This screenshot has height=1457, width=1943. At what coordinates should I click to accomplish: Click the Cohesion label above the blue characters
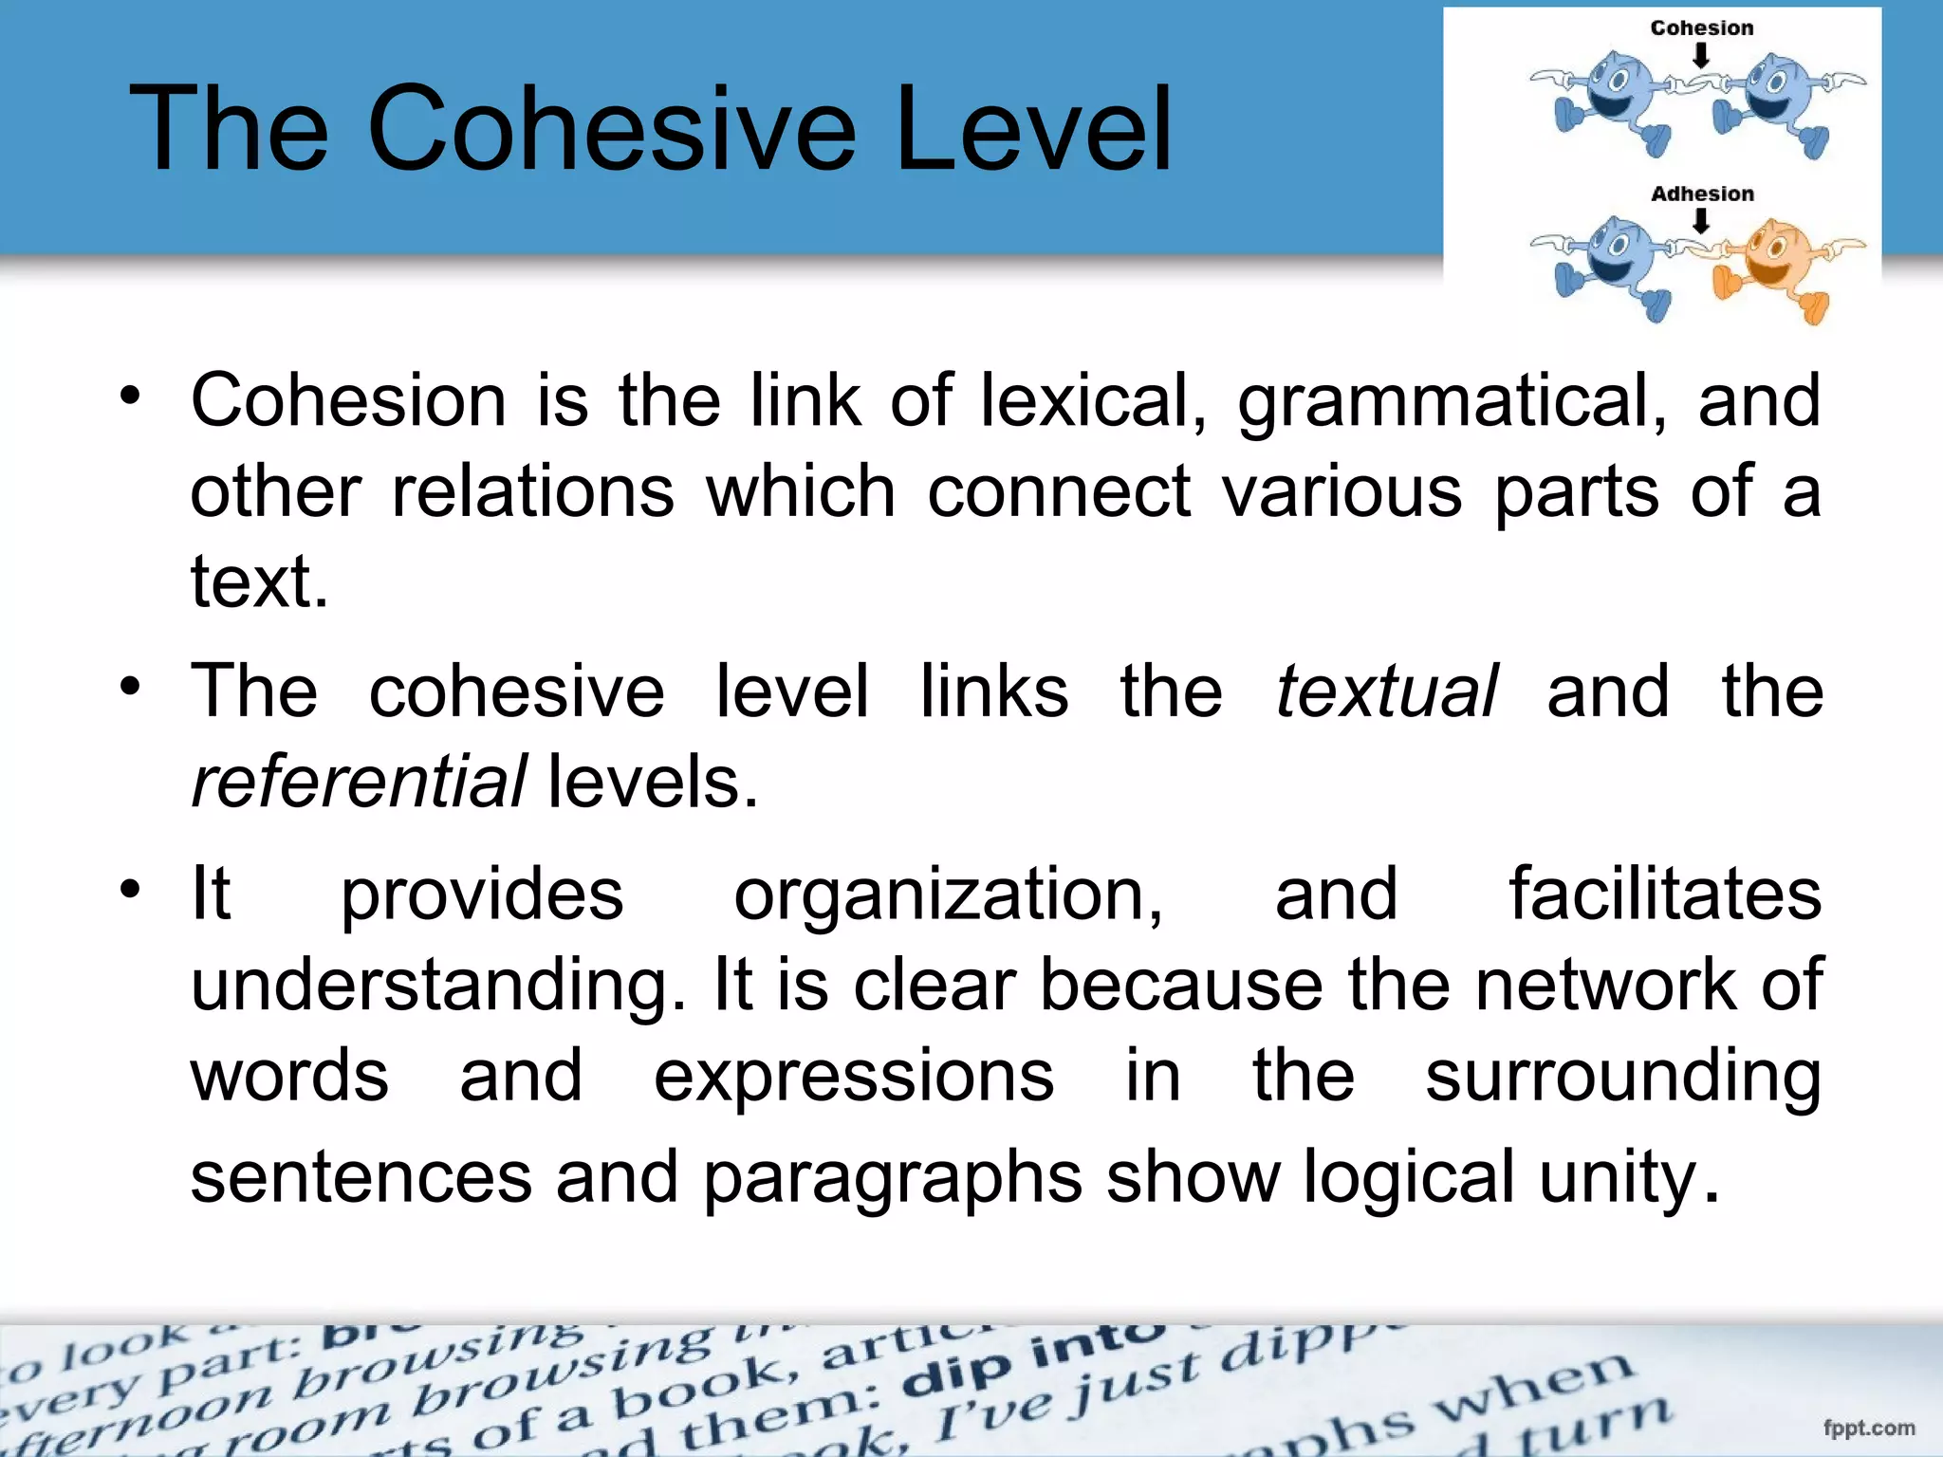(1702, 28)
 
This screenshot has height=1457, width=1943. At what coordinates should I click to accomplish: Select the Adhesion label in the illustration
(1702, 194)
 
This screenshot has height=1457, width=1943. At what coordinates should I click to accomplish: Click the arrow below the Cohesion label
(1701, 57)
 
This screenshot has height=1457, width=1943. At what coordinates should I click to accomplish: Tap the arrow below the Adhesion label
(1701, 222)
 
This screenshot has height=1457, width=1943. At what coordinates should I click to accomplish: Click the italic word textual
(1386, 691)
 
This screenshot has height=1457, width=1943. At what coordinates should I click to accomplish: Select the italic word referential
(359, 782)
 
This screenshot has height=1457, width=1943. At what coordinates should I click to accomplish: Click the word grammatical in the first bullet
(1451, 400)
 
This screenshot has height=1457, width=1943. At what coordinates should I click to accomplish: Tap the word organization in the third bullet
(947, 894)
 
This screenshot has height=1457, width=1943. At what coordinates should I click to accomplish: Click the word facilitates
(1665, 894)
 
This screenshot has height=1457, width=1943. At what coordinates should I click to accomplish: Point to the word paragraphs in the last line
(892, 1176)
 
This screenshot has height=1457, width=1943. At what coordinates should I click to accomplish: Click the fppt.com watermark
(1868, 1428)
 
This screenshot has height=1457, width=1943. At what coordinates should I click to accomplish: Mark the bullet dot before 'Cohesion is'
(130, 396)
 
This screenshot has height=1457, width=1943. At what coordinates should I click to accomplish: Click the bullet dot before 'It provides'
(130, 889)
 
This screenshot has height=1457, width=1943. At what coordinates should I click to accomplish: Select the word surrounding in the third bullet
(1622, 1076)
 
